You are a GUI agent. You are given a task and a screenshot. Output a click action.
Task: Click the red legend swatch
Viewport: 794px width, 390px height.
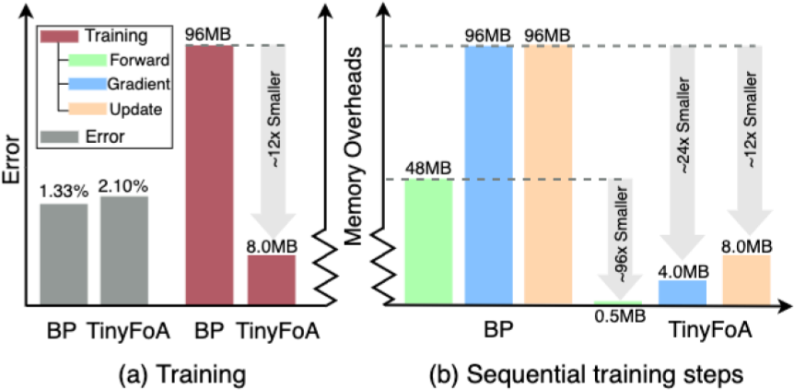point(60,37)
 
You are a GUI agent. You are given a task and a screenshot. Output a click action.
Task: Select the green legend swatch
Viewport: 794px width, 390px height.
point(88,61)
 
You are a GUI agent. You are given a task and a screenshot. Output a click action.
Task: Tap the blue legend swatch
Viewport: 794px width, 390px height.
point(88,84)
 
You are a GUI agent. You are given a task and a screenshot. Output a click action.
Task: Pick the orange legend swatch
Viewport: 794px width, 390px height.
point(88,108)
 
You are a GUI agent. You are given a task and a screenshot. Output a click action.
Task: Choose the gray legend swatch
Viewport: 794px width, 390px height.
point(60,136)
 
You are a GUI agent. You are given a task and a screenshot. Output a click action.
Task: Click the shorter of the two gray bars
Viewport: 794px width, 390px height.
point(64,253)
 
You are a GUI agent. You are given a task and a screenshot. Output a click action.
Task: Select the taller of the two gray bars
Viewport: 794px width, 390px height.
point(124,249)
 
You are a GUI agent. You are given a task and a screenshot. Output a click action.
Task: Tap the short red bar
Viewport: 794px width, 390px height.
point(271,278)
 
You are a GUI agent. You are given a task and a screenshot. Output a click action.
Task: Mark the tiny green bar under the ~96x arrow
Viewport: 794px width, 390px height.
point(617,301)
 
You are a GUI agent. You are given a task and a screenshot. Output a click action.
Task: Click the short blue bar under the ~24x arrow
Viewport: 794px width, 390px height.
point(682,291)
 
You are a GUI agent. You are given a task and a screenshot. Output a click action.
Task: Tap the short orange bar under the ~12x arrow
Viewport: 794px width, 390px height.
point(746,278)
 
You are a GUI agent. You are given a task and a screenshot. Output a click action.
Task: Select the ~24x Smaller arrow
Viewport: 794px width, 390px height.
point(683,148)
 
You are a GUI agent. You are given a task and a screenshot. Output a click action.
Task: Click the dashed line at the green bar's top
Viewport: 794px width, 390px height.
point(497,179)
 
